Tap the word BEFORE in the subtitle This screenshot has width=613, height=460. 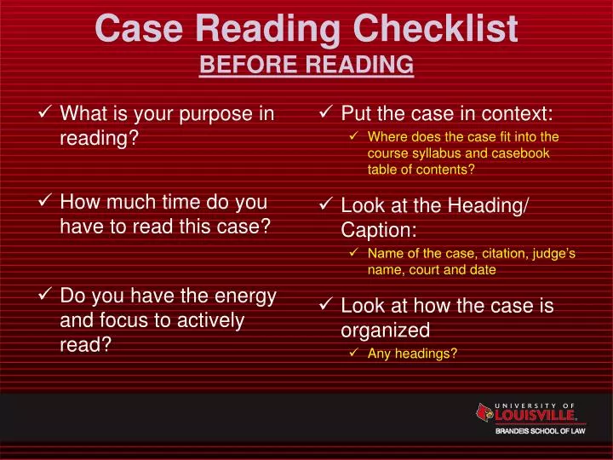click(236, 65)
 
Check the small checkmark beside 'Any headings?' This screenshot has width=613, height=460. click(354, 354)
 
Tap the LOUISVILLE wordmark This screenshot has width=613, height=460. click(535, 417)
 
